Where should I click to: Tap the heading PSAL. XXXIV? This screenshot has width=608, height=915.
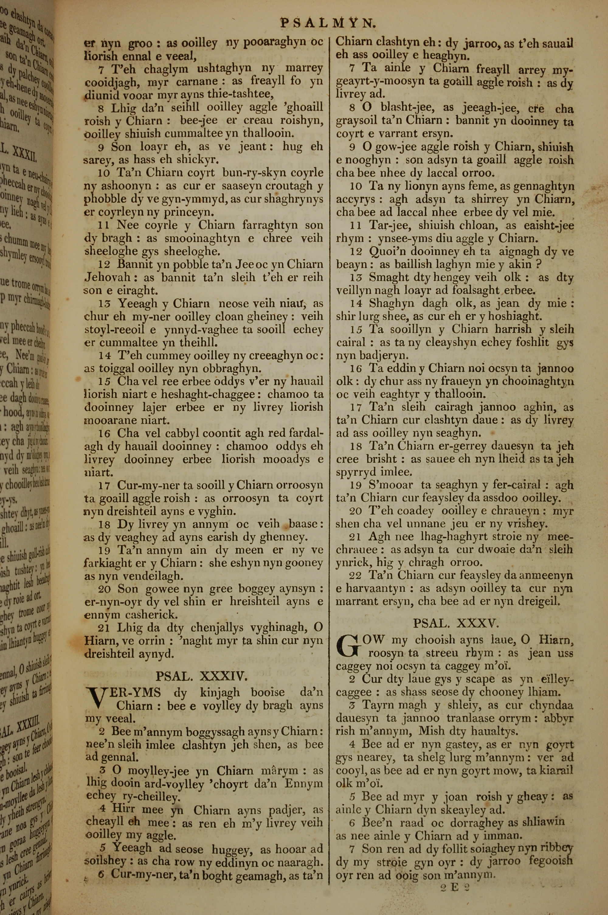pyautogui.click(x=201, y=677)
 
